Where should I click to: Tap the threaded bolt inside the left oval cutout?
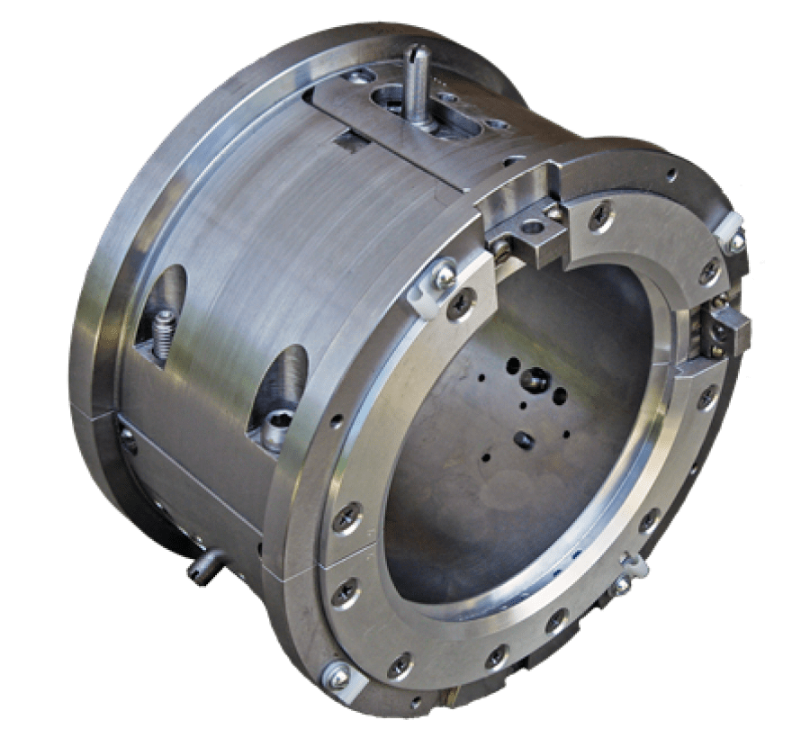[162, 333]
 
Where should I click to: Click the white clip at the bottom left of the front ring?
[337, 676]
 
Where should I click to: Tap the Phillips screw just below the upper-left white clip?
[461, 305]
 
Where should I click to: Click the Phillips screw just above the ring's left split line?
[349, 517]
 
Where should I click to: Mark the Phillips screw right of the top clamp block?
[601, 215]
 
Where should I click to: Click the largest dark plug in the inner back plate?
[533, 382]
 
